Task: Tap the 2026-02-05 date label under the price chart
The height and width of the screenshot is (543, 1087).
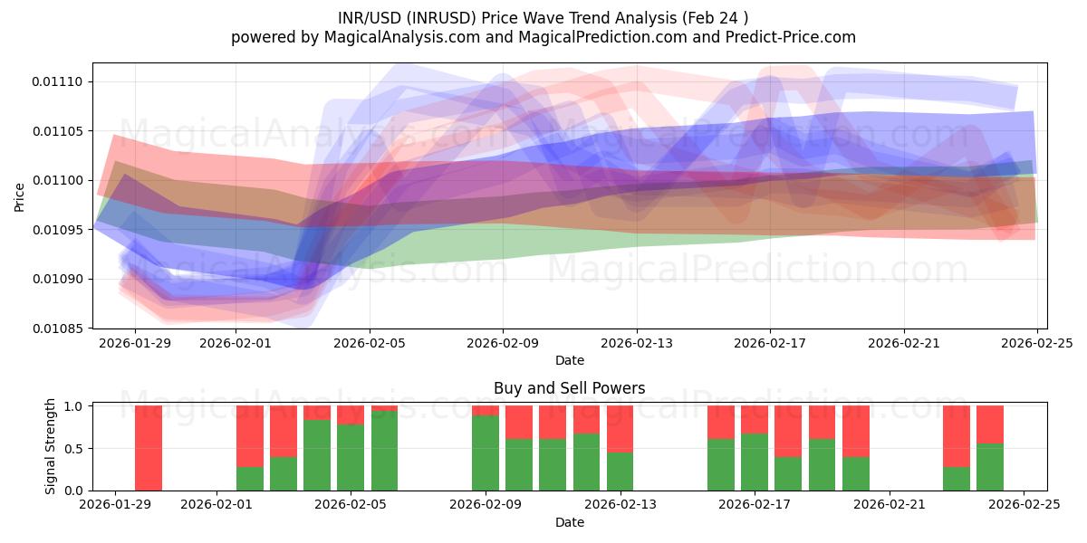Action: click(369, 343)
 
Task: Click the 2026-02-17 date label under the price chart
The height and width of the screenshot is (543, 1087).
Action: click(769, 343)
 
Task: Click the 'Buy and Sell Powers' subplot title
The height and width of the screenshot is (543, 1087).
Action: click(569, 388)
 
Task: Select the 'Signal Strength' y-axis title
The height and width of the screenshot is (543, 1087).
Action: click(51, 446)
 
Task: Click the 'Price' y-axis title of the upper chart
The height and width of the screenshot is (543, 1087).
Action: click(20, 196)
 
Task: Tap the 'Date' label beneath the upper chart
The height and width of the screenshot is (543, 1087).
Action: click(569, 360)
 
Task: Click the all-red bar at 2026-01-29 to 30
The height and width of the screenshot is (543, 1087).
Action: click(149, 448)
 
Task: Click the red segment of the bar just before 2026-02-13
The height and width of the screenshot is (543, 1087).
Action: click(620, 428)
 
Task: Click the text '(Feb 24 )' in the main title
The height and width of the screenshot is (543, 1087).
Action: click(716, 17)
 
